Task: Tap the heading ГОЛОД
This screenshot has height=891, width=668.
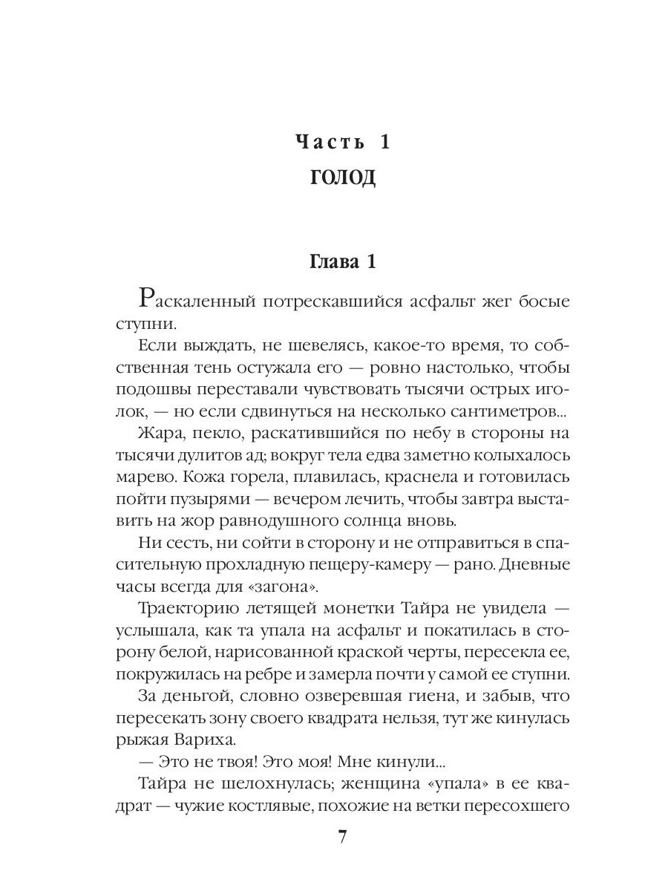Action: coord(341,177)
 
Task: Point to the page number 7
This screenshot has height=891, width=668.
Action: coord(342,837)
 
